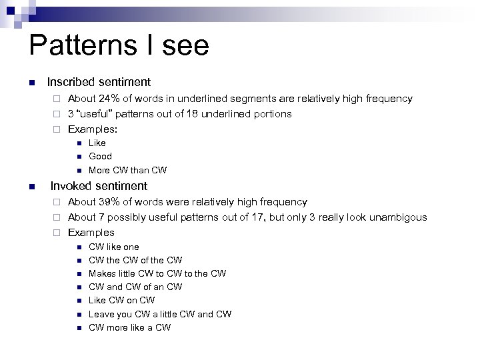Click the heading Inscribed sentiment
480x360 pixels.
99,82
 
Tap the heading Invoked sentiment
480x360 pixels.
99,186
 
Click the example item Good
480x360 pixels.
100,156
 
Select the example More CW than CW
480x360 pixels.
127,170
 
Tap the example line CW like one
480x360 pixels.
113,247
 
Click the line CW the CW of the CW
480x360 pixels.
135,260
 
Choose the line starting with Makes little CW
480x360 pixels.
157,273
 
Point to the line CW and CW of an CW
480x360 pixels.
135,287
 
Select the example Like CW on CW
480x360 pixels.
121,300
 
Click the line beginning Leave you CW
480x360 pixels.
159,314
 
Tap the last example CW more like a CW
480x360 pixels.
129,327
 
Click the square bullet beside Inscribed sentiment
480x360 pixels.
31,83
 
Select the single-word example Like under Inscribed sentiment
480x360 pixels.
97,143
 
